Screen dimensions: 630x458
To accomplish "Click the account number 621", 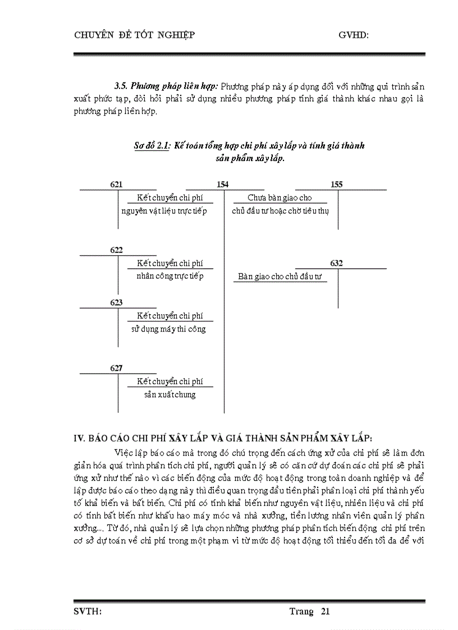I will coord(117,185).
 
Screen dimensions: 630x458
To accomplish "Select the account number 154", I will coord(222,185).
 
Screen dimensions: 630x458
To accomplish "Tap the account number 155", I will coord(337,185).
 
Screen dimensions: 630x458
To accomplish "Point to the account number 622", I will coord(117,251).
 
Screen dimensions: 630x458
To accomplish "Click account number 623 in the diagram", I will coord(117,302).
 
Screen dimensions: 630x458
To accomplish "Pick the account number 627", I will coord(117,368).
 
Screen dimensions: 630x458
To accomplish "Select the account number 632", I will coord(337,263).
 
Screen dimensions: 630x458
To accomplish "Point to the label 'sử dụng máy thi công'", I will coord(168,329).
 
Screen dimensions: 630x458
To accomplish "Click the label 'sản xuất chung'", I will coord(170,394).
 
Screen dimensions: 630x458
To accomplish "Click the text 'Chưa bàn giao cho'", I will coord(280,197).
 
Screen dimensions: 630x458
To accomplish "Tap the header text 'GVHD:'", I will coord(353,35).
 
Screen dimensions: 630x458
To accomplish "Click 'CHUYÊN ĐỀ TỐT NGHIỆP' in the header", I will coord(134,35).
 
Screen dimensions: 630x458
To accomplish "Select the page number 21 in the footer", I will coord(324,611).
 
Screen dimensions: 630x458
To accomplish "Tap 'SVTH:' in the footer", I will coord(88,611).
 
